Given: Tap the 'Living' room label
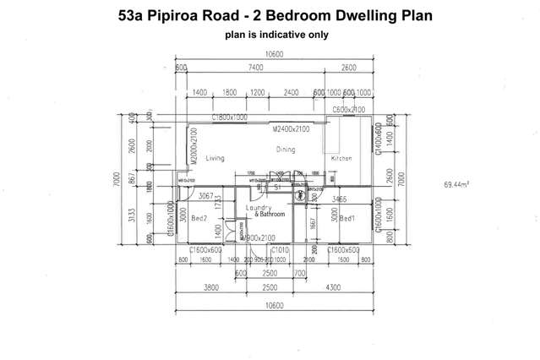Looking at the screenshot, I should [x=215, y=158].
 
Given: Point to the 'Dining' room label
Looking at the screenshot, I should [x=286, y=149].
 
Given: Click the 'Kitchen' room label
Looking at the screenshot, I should [x=341, y=158].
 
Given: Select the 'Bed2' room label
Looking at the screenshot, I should [x=199, y=218].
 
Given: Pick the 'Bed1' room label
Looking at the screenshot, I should [x=347, y=218].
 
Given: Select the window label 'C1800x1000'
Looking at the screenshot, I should [x=229, y=117].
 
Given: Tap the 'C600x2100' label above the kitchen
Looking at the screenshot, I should [x=348, y=110].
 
